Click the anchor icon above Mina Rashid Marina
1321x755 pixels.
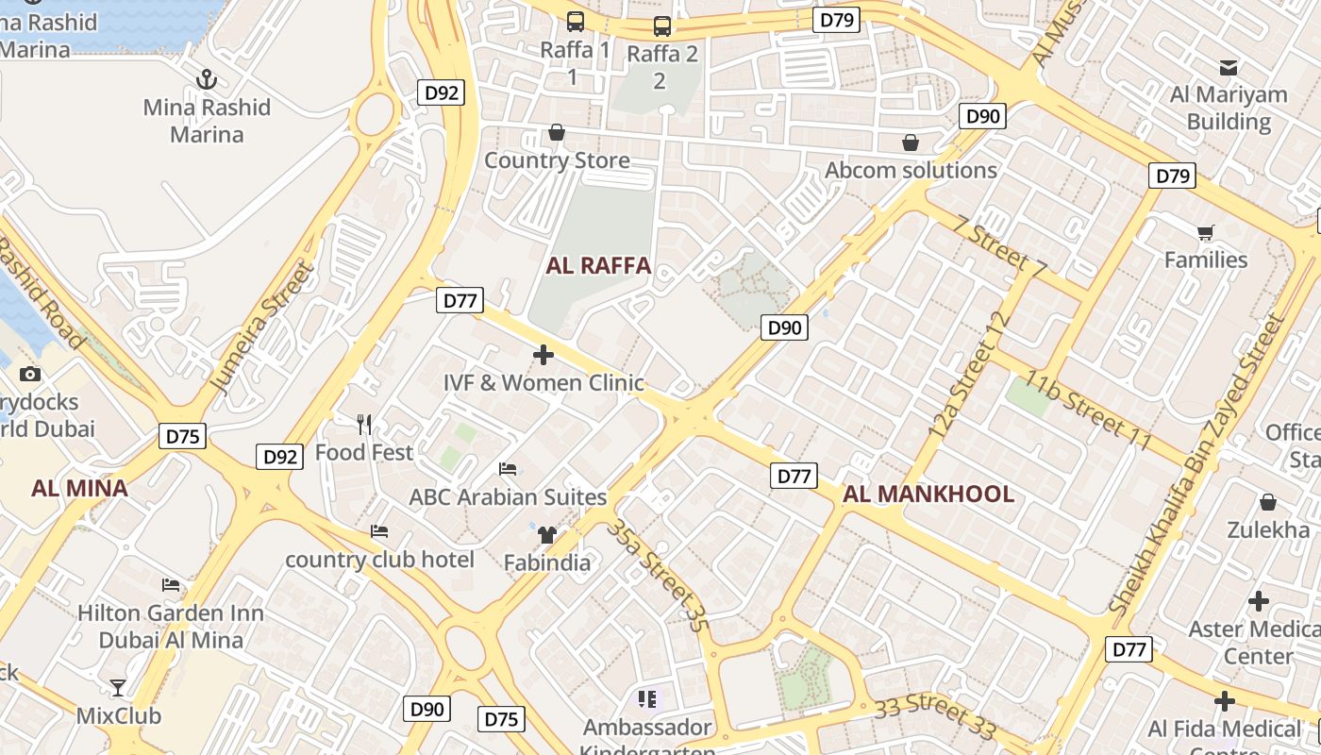pos(206,79)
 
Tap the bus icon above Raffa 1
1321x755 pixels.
pos(575,21)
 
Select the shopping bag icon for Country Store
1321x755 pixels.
pos(557,132)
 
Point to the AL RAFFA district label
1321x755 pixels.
pos(598,265)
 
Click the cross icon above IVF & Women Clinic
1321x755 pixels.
pos(543,355)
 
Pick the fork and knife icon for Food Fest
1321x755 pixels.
pos(364,425)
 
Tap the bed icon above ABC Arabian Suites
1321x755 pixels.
pos(508,469)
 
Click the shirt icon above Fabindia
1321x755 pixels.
pos(546,535)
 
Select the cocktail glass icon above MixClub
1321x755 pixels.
pos(118,687)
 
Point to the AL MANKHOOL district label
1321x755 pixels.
pos(928,494)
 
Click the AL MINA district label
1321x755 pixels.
pos(79,488)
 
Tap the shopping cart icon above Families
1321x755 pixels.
pos(1205,232)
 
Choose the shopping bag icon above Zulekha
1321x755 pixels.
pos(1268,502)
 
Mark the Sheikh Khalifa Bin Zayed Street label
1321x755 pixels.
pos(1198,465)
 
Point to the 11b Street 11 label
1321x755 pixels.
pos(1089,411)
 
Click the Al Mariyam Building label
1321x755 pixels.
pos(1229,108)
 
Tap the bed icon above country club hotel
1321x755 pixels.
pos(379,531)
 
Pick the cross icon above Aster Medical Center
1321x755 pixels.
pos(1259,601)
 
